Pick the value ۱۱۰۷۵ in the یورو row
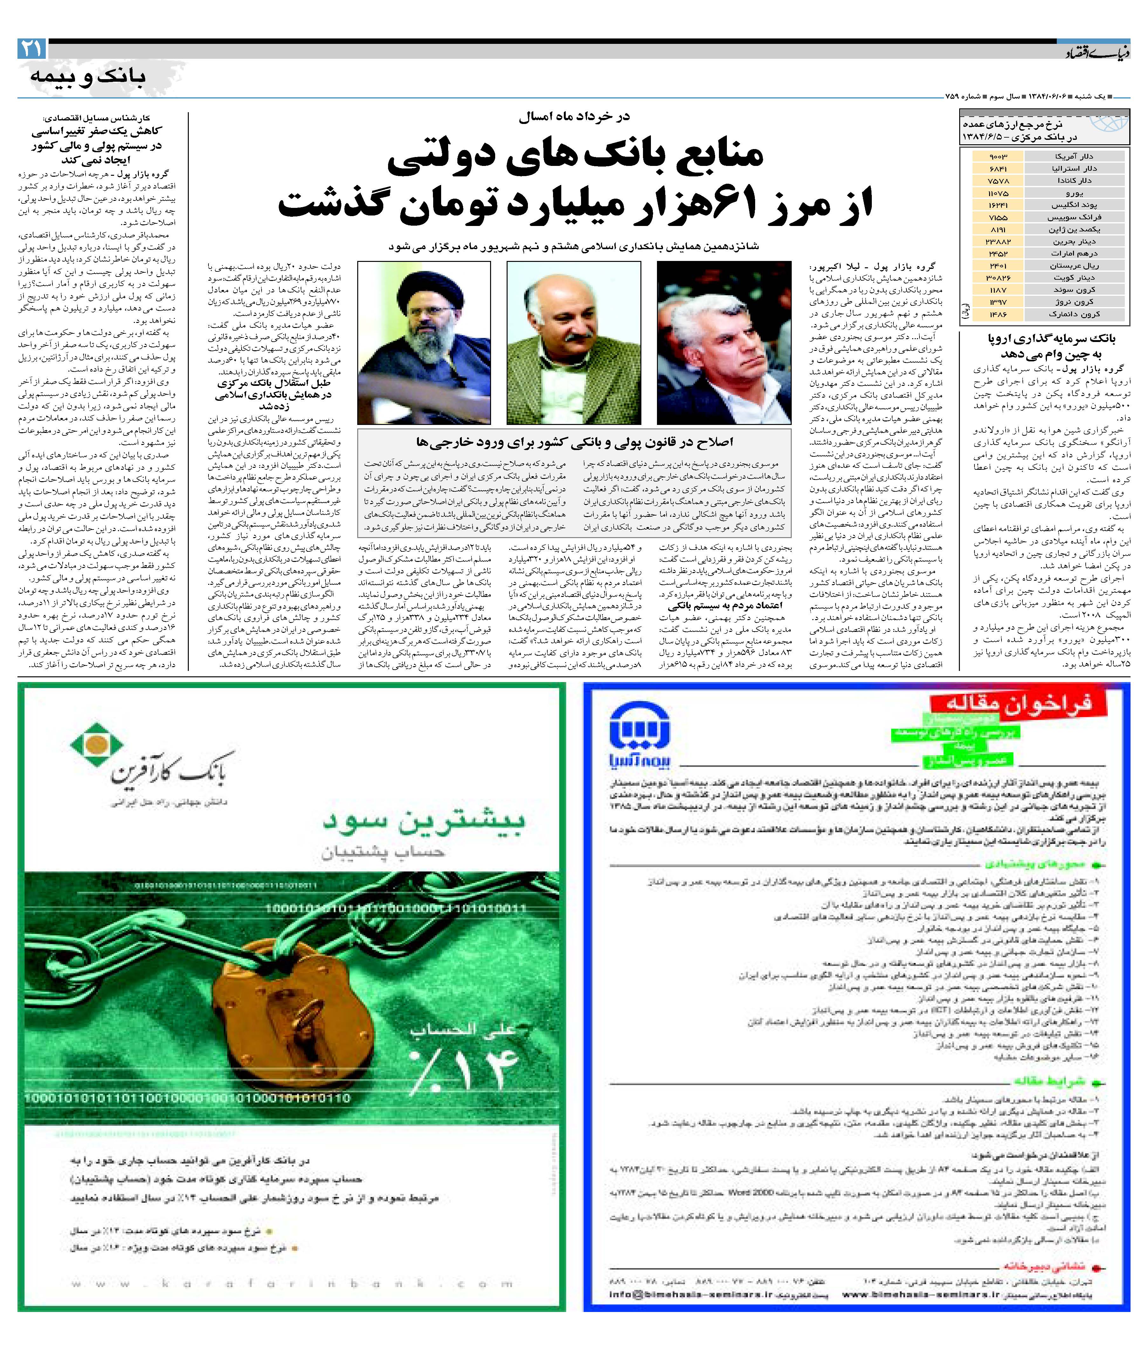(x=997, y=193)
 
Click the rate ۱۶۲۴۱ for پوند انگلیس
(x=997, y=205)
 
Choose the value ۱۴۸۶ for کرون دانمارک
(x=997, y=314)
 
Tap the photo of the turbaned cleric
(x=424, y=343)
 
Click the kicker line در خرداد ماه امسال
(x=574, y=117)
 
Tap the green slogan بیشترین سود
(x=423, y=821)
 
